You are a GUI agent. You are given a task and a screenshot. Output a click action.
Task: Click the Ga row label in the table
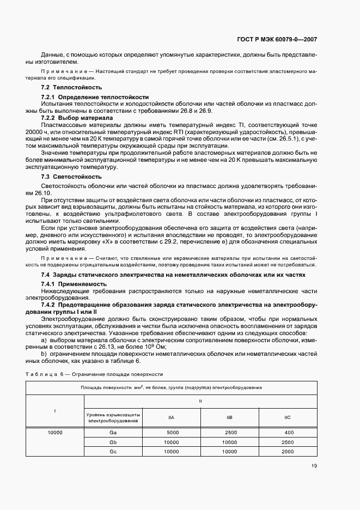[113, 432]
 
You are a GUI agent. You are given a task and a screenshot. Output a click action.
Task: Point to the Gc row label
[113, 451]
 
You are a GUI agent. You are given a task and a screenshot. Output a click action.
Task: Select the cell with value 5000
[172, 432]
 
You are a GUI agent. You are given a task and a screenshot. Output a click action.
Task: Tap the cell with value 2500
[229, 432]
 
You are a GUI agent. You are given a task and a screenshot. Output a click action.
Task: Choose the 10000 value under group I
[54, 432]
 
